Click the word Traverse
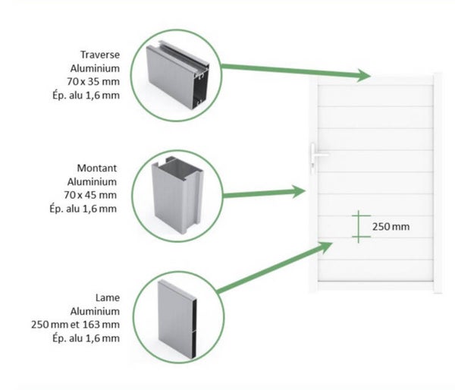click(100, 55)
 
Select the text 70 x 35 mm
click(93, 82)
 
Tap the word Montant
click(97, 168)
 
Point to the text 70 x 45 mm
click(90, 195)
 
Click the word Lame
click(108, 297)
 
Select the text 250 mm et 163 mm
click(75, 325)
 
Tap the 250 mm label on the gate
click(391, 227)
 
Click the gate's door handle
click(316, 155)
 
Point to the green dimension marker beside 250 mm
click(359, 227)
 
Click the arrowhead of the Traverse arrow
click(364, 76)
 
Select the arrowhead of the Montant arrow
click(299, 191)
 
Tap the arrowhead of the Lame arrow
click(325, 247)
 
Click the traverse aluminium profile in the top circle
click(177, 76)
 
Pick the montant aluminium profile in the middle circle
click(177, 194)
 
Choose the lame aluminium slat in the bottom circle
click(177, 319)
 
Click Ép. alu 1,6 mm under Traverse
click(86, 96)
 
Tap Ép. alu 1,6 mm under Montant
click(83, 209)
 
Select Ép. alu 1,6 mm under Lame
click(86, 338)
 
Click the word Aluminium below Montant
click(92, 182)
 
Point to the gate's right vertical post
click(438, 183)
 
